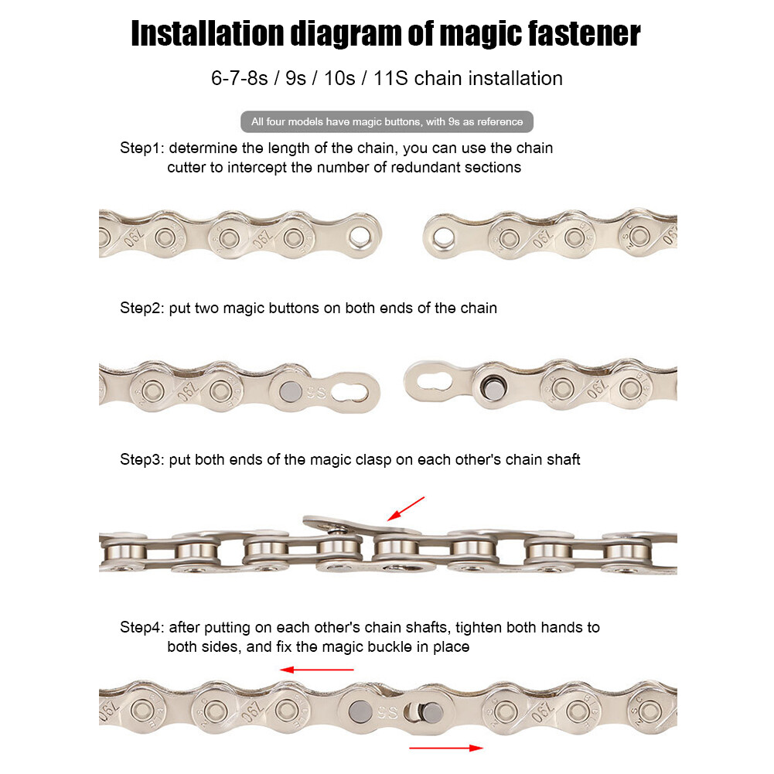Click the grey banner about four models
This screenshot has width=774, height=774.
[387, 121]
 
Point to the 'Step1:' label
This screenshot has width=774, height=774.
[142, 148]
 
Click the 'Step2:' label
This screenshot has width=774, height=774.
[142, 308]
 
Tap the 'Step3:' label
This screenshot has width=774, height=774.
[142, 459]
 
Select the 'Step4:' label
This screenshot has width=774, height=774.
[142, 627]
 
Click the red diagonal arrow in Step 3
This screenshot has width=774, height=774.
[406, 508]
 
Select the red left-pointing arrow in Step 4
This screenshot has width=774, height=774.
[317, 670]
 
